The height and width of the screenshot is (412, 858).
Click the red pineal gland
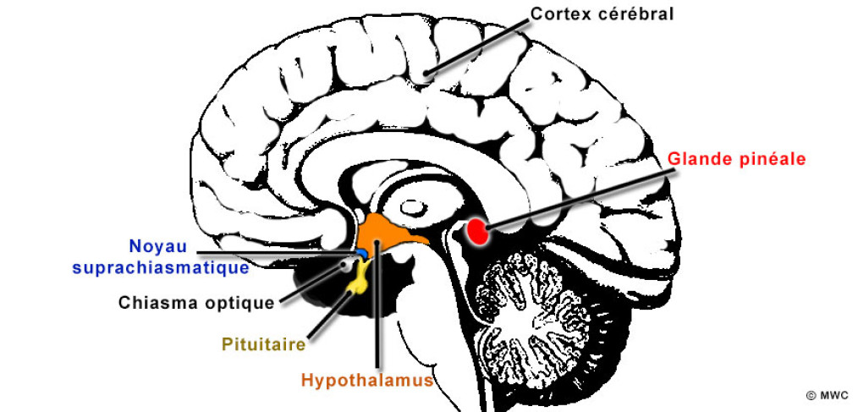click(x=478, y=230)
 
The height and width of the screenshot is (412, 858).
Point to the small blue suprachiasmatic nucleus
click(x=360, y=253)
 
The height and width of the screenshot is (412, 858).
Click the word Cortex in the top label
click(x=559, y=14)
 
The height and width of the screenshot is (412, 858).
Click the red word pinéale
click(x=769, y=158)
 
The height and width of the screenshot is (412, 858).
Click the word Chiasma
click(x=153, y=302)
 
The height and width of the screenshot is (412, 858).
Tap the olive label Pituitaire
click(x=263, y=344)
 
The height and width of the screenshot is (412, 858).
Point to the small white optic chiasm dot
click(x=346, y=265)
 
